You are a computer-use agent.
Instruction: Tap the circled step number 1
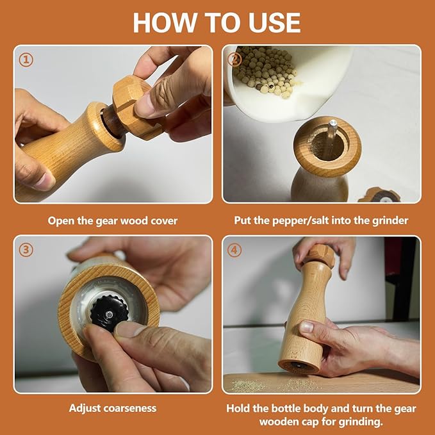click(26, 60)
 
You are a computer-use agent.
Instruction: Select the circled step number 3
click(26, 250)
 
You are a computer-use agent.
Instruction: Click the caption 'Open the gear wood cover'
click(113, 220)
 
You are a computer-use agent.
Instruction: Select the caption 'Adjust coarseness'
click(113, 407)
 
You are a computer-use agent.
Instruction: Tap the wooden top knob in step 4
click(318, 256)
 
